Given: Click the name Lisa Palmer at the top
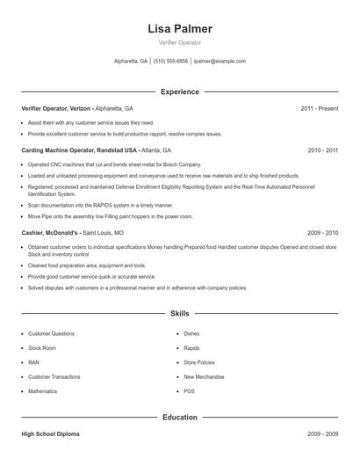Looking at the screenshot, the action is (x=180, y=28).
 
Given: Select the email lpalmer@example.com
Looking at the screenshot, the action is (x=220, y=62).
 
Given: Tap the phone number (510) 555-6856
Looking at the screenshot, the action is (x=170, y=62).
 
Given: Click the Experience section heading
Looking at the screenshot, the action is (x=180, y=91).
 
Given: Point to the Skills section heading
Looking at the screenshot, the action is (x=180, y=313).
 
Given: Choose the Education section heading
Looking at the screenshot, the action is (x=180, y=418).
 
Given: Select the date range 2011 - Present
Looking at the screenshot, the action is (x=320, y=108).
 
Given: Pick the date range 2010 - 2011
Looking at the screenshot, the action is (x=323, y=150).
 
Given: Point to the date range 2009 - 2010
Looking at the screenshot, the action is (x=323, y=233).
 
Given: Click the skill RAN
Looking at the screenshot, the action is (x=33, y=362).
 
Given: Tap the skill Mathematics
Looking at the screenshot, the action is (x=42, y=390).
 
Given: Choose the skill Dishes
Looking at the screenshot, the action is (x=191, y=334).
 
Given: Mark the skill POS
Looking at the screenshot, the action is (x=189, y=390).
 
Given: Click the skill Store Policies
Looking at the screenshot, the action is (x=199, y=362).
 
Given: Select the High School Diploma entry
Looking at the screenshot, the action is (x=50, y=434).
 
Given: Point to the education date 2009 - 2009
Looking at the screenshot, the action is (x=323, y=434).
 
